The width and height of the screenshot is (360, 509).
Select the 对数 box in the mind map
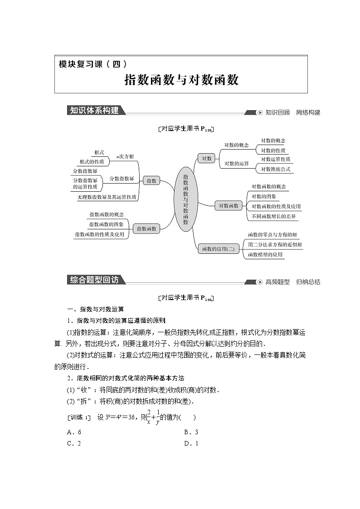(207, 158)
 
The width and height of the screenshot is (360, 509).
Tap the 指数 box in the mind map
(151, 180)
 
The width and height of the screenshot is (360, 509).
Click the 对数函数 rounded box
(229, 206)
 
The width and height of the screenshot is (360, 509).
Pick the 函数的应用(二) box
(218, 248)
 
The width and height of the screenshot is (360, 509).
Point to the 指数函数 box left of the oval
(146, 229)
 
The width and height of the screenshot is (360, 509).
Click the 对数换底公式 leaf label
(276, 170)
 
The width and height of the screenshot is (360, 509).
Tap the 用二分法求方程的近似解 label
(275, 245)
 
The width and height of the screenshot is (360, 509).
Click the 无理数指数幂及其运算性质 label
(107, 197)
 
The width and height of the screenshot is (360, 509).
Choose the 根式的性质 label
(92, 161)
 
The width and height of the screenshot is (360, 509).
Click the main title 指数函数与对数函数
(181, 80)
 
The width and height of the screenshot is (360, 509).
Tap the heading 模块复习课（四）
(93, 64)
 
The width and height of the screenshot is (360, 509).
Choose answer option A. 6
(74, 431)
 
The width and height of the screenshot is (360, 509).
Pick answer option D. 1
(191, 443)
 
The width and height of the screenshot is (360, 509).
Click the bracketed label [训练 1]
(79, 417)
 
